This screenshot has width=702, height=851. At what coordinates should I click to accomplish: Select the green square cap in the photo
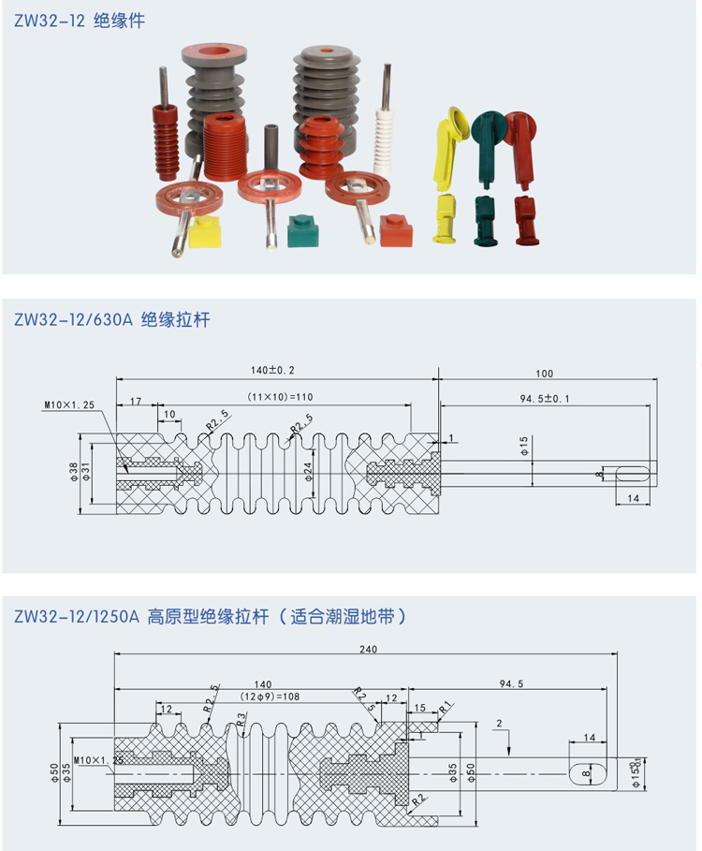(x=302, y=229)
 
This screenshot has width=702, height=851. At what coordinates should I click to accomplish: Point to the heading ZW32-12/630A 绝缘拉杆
(x=112, y=320)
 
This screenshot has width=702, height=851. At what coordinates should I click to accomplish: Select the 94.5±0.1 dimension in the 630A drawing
(x=545, y=398)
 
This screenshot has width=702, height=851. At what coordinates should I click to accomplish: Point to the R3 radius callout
(x=241, y=719)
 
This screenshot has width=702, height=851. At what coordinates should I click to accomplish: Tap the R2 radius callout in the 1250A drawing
(x=416, y=799)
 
